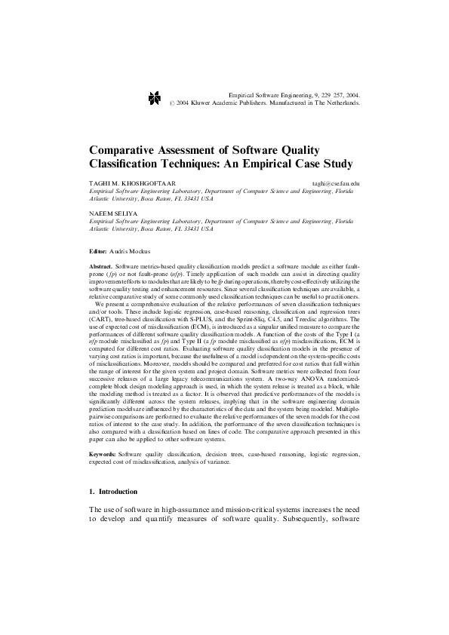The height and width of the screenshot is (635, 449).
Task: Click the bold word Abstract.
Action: pyautogui.click(x=100, y=268)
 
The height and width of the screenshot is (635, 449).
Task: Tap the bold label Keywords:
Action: pyautogui.click(x=103, y=456)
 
